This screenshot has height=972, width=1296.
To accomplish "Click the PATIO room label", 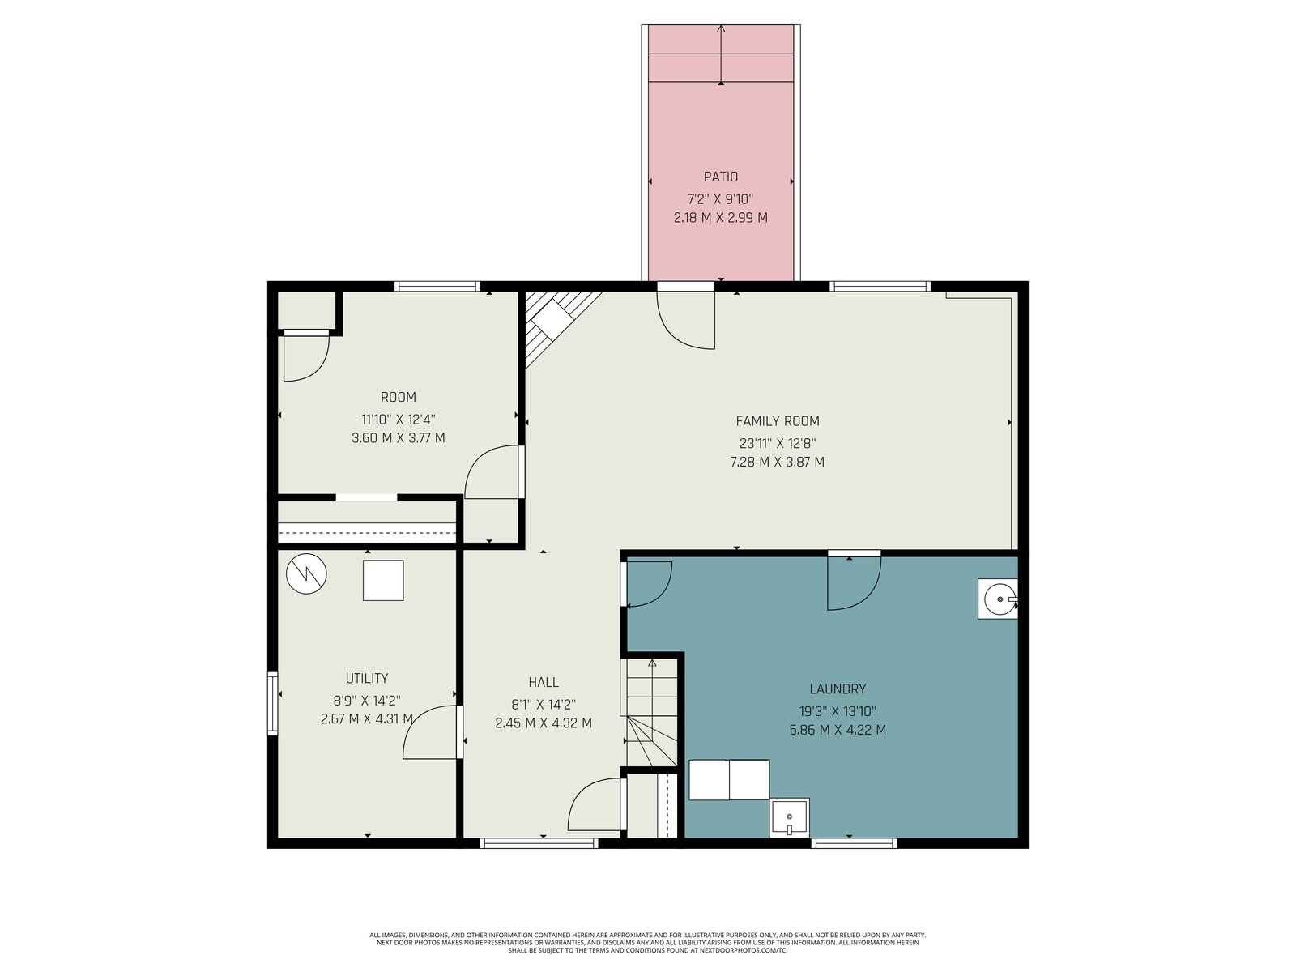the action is point(720,177).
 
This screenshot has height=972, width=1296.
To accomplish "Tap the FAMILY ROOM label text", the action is point(777,420).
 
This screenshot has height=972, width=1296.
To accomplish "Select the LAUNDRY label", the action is point(838,688).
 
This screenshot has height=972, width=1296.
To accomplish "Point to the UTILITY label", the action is point(367,678).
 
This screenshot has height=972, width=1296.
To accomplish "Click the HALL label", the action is point(544,682).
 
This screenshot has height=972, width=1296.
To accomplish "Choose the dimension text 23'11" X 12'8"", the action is point(777,443).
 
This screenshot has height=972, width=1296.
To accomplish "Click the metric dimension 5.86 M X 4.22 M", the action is point(838,730).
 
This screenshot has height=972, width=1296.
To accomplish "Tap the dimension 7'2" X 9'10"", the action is point(720,199).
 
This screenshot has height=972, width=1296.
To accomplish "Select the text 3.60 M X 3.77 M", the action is point(398,438).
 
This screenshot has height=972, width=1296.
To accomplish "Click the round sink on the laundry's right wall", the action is point(998,599).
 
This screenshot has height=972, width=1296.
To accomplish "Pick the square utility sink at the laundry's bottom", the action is point(789,817).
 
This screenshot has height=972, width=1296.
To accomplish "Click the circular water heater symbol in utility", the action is point(306,573).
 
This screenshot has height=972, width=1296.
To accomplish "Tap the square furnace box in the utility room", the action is point(383,580).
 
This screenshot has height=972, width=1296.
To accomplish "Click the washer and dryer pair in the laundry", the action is point(729,779).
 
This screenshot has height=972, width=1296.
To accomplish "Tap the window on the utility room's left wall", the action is point(272,703).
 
